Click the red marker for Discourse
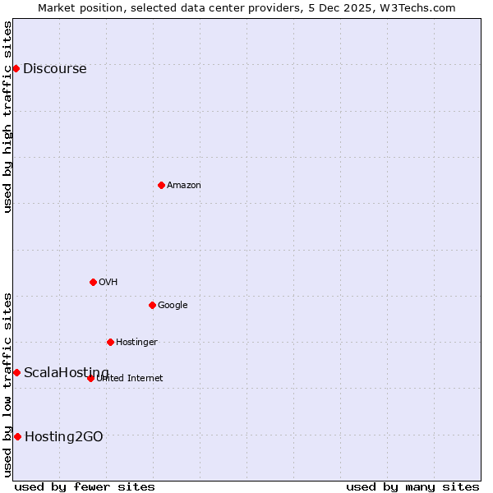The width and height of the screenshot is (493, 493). coord(16,68)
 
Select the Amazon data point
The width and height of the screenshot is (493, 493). coord(161,185)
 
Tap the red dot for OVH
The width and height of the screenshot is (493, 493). coord(93,282)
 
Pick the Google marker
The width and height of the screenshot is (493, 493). coord(152,305)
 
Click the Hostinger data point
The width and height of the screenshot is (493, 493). coord(110,342)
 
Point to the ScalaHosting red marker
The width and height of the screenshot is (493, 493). coord(16,372)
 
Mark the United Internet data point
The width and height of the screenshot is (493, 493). coord(90,378)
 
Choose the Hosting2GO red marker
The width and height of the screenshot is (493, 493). coord(17,436)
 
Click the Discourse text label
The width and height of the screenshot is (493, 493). coord(54,69)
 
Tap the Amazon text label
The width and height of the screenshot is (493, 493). coord(183,186)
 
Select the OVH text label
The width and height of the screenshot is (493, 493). coord(108,283)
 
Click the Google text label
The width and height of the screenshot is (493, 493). coord(173,306)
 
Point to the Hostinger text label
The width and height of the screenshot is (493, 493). coord(136,343)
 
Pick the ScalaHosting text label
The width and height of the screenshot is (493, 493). coord(66,373)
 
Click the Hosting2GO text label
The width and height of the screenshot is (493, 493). coord(64,437)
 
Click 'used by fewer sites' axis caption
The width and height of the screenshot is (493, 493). coord(85,486)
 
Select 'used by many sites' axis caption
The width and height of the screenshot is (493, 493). coord(412,486)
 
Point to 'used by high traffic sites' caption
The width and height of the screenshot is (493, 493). coord(7,117)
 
